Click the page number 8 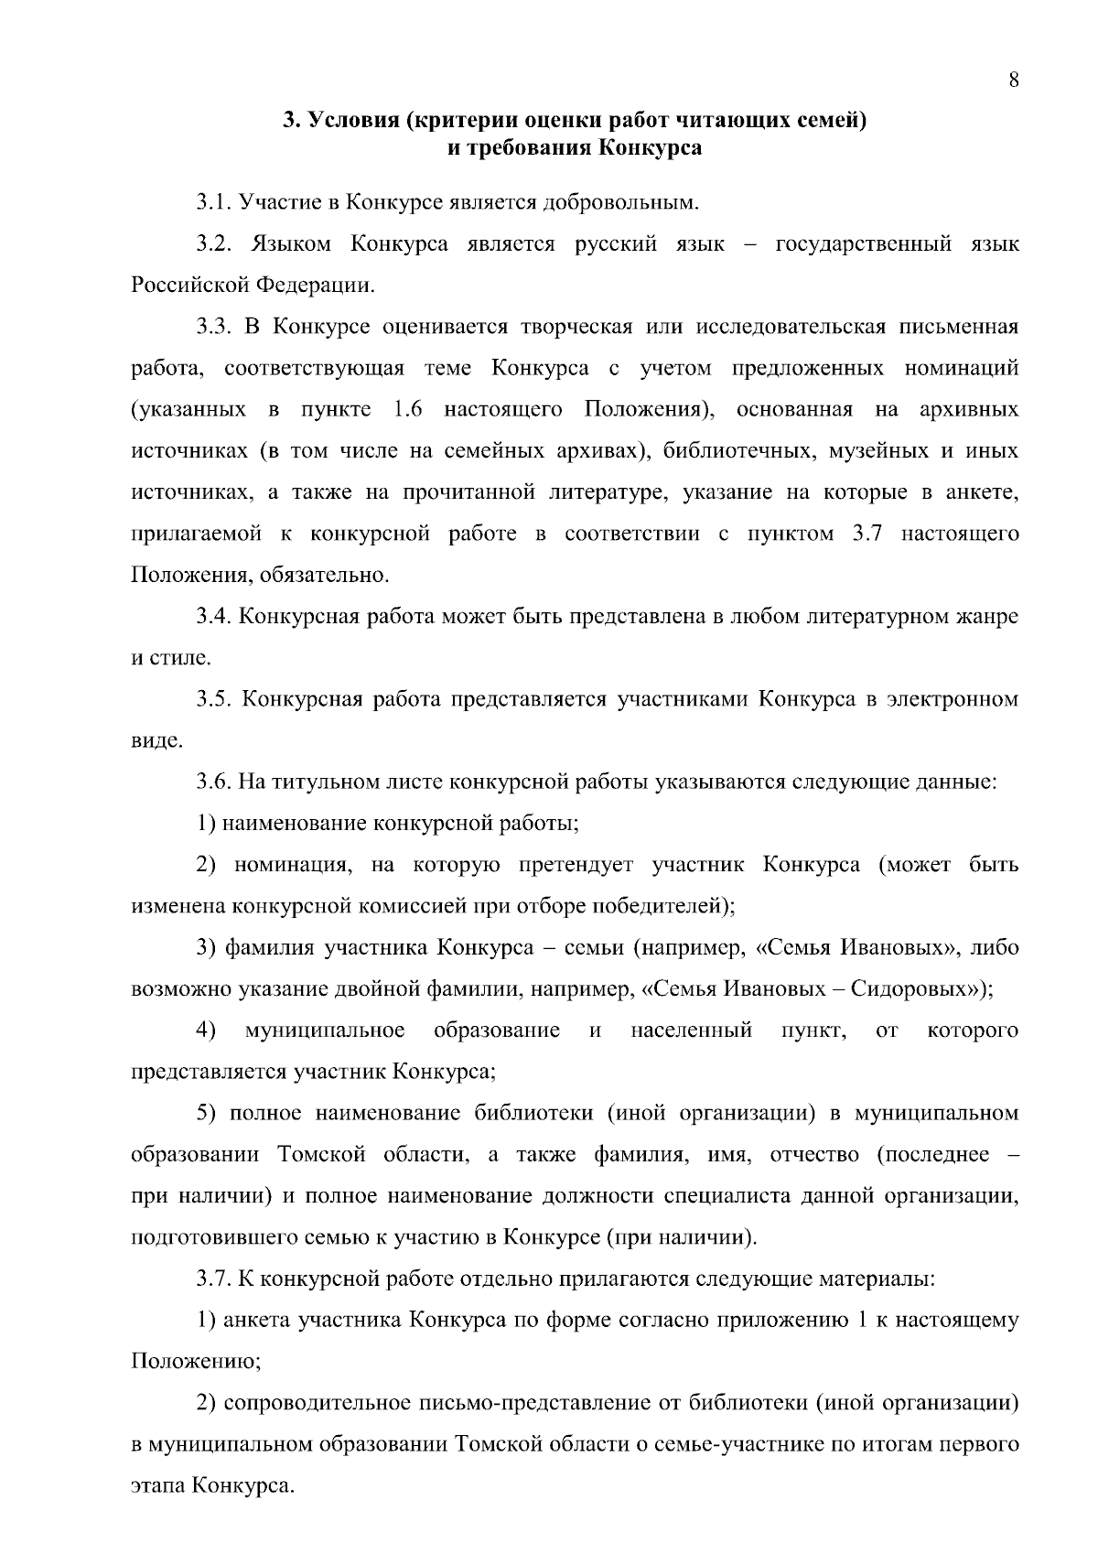click(1014, 80)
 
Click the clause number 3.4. click(214, 617)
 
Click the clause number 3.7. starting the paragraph click(214, 1279)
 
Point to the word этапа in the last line click(159, 1486)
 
